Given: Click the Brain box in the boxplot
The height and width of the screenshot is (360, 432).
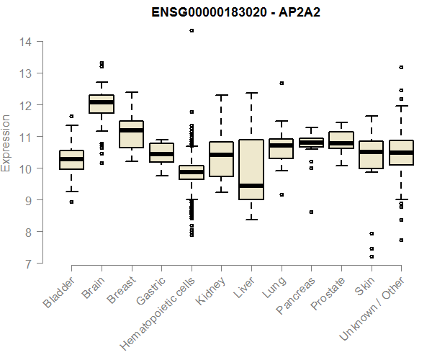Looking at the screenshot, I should pos(102,104).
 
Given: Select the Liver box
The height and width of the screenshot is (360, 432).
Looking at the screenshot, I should pos(251,169).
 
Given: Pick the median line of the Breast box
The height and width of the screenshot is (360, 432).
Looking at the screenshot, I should pos(132,130).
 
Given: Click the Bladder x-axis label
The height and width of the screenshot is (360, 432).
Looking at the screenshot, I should pos(60,294).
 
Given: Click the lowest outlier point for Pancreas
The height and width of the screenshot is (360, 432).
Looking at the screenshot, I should pos(311,212).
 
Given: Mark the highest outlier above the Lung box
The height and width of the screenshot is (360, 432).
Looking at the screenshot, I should pos(282,83).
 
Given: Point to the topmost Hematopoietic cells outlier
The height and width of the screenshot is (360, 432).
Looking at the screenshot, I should pos(192,31).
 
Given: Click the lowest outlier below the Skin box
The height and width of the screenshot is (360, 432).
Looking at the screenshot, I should pos(372,256).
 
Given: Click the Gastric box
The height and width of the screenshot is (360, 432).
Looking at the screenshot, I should pos(161,153).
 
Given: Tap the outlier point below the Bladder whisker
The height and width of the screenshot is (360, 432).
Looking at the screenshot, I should pos(71,202).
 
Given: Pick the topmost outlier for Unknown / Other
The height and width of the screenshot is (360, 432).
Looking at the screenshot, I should pos(401,67).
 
